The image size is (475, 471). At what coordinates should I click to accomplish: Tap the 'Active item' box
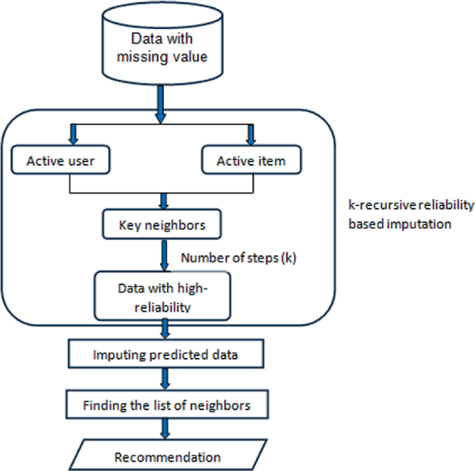tap(252, 162)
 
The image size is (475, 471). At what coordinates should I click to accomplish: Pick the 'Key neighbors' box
tap(162, 225)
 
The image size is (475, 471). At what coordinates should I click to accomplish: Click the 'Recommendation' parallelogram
tap(167, 457)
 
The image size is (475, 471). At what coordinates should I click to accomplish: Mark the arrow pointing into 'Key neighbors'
tap(164, 202)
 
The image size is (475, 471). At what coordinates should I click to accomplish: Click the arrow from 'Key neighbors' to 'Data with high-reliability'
tap(164, 255)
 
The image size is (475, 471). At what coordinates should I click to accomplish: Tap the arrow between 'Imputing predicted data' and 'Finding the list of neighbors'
tap(166, 379)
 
